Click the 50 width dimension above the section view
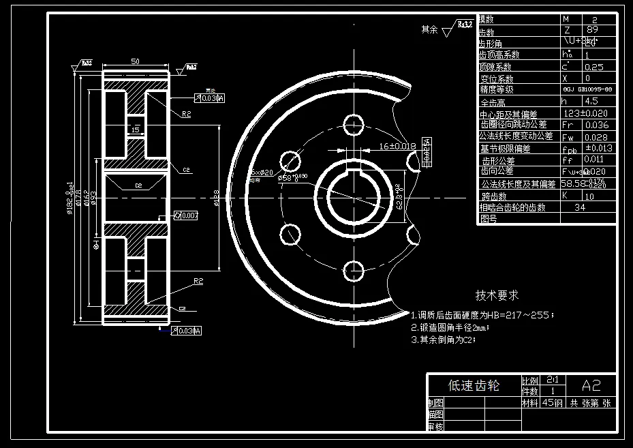(135, 62)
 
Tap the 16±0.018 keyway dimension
(397, 146)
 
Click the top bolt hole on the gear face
(353, 124)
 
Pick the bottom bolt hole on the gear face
(353, 269)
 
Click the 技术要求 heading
(497, 295)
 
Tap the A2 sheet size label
(591, 383)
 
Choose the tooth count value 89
(591, 30)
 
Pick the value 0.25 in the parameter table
(594, 67)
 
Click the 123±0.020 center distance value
(586, 113)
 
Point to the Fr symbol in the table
(568, 125)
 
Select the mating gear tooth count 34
(581, 207)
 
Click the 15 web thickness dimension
(135, 129)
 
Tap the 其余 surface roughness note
(430, 29)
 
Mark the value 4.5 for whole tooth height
(591, 101)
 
